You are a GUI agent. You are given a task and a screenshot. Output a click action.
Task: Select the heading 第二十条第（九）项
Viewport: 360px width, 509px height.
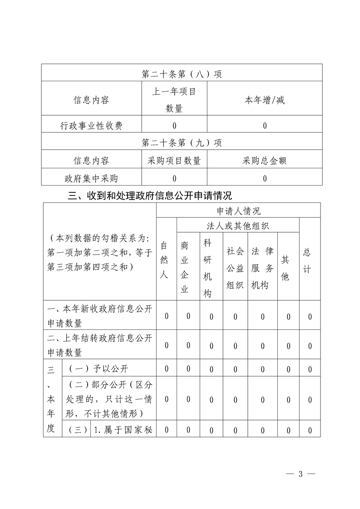(x=182, y=143)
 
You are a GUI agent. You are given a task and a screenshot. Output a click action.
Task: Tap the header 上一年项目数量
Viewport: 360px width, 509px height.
(x=174, y=100)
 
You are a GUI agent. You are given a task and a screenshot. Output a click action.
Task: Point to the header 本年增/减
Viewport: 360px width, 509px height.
(x=265, y=100)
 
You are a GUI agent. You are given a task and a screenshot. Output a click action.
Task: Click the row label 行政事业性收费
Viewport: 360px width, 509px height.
(x=91, y=126)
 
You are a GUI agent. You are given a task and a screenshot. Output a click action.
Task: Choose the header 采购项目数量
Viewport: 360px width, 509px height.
(x=174, y=161)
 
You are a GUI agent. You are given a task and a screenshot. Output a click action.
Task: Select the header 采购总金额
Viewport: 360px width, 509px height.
(x=265, y=161)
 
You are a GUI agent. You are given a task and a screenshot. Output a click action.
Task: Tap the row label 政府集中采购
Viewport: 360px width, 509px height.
(x=91, y=178)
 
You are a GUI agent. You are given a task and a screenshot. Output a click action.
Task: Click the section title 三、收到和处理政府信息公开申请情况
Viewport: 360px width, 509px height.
(x=149, y=196)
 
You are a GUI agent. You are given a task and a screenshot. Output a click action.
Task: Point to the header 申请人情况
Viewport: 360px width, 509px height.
(x=238, y=210)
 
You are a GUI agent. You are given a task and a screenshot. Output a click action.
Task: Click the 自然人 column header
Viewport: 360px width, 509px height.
(x=167, y=260)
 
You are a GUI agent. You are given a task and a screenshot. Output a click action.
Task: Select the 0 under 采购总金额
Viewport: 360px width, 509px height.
(x=265, y=178)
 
